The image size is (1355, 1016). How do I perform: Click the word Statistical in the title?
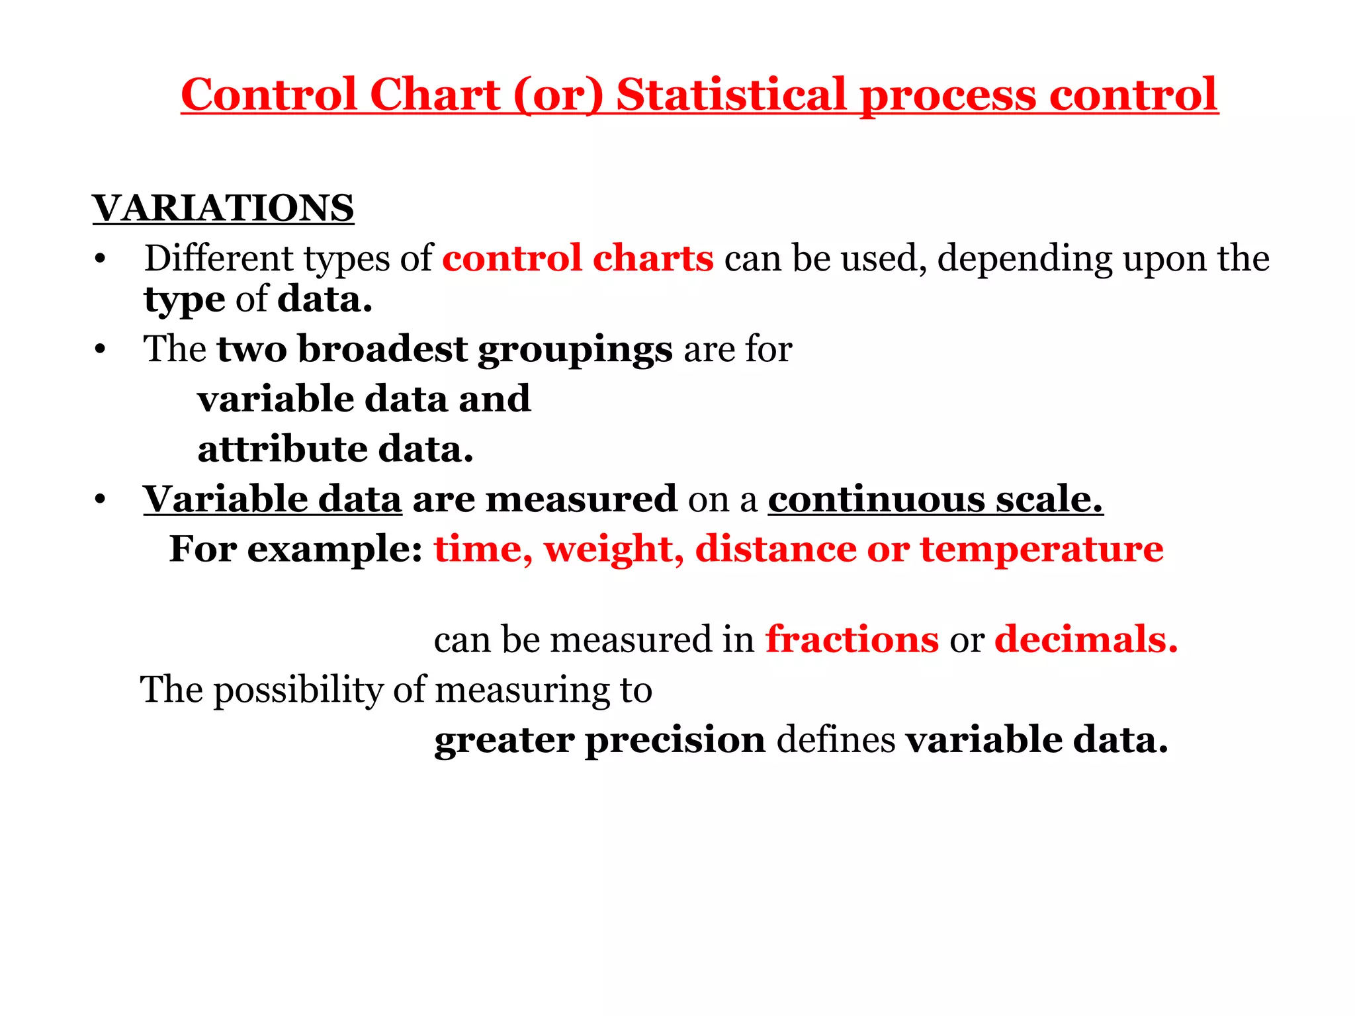pyautogui.click(x=731, y=95)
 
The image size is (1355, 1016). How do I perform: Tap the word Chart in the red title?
pyautogui.click(x=435, y=95)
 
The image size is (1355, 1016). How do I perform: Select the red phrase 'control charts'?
pyautogui.click(x=578, y=258)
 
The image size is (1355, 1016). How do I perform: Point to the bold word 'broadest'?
pyautogui.click(x=382, y=349)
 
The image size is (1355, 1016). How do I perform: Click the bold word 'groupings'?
pyautogui.click(x=575, y=351)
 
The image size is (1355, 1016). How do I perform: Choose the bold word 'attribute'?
pyautogui.click(x=283, y=449)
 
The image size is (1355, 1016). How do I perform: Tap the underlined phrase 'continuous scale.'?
pyautogui.click(x=935, y=499)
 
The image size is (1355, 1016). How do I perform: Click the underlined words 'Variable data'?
pyautogui.click(x=273, y=499)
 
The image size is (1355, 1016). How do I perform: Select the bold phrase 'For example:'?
pyautogui.click(x=296, y=549)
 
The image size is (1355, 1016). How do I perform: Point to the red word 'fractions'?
pyautogui.click(x=852, y=640)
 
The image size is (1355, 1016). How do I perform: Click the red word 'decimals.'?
pyautogui.click(x=1086, y=640)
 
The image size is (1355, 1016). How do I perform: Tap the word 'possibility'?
pyautogui.click(x=298, y=691)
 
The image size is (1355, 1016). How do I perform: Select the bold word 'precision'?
pyautogui.click(x=675, y=740)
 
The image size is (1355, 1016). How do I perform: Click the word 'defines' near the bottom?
pyautogui.click(x=836, y=740)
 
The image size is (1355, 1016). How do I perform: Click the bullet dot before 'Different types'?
pyautogui.click(x=100, y=259)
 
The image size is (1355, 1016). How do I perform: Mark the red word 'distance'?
pyautogui.click(x=775, y=549)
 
